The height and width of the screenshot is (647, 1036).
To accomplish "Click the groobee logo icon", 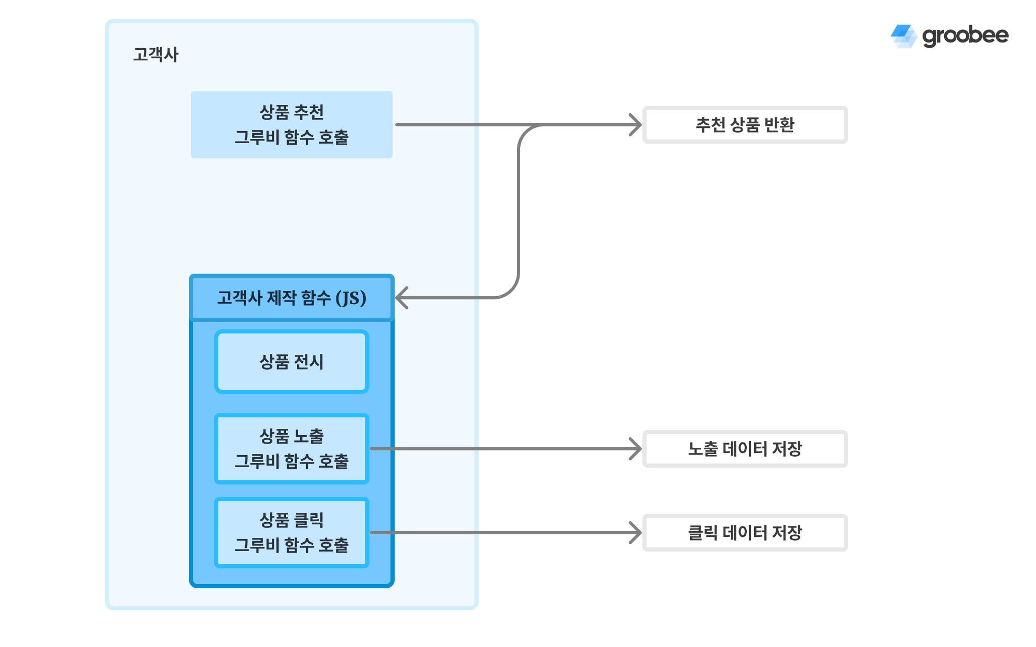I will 904,36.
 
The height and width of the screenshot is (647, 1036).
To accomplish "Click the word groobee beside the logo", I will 965,36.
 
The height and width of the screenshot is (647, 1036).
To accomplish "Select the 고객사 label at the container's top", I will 156,55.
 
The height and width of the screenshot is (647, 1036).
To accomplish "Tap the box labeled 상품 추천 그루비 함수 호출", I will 291,125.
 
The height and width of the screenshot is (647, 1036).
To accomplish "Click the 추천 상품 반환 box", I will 745,125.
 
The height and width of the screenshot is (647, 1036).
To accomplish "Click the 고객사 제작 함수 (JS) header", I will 291,298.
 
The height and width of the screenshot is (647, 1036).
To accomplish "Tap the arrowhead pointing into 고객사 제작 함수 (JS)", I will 401,298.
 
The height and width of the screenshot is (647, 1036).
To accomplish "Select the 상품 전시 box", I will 291,362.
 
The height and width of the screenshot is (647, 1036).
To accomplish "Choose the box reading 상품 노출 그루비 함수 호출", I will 291,449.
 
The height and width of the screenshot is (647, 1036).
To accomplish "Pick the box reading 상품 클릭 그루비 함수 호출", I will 291,533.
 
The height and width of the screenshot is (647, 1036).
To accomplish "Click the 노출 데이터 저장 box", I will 745,449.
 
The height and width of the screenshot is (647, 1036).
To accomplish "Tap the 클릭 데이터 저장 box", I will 745,533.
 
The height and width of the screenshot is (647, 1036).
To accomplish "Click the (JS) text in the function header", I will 351,298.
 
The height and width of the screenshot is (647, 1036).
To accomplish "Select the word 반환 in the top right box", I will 779,125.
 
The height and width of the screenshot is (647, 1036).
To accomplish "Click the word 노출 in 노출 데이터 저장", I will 703,449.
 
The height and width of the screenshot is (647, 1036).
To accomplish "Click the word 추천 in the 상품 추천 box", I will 309,112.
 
